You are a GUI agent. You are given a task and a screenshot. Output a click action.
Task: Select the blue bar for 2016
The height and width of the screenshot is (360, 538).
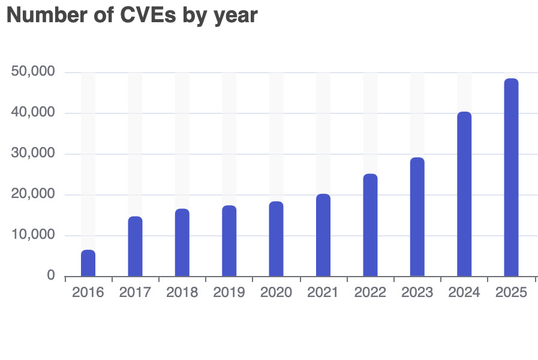88,263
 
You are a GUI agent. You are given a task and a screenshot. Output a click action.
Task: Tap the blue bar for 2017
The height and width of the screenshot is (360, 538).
135,247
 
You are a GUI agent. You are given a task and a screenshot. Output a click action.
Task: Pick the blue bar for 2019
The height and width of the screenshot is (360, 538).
229,241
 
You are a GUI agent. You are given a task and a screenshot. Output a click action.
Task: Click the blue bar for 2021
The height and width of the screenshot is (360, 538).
323,235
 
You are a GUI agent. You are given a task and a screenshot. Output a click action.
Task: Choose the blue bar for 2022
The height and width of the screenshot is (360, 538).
370,225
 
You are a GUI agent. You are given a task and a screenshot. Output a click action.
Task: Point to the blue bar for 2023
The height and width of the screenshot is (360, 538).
417,217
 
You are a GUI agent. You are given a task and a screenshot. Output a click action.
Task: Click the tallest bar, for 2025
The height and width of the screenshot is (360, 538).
511,177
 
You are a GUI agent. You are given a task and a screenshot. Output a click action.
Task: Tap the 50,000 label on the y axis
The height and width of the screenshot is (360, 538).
34,72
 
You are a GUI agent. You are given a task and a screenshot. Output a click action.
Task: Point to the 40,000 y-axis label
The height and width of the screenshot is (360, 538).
34,113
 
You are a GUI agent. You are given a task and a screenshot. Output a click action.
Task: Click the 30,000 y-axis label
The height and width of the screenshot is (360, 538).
34,154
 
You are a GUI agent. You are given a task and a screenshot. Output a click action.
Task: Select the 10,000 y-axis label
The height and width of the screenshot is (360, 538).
34,235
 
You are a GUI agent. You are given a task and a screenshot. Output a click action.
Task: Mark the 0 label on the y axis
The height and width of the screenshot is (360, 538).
51,276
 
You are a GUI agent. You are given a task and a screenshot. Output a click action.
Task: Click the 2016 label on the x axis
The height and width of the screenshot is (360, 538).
88,293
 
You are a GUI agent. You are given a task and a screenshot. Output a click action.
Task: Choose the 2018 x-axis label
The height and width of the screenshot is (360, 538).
182,293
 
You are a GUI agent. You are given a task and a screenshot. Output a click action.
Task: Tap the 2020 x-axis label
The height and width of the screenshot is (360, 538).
276,293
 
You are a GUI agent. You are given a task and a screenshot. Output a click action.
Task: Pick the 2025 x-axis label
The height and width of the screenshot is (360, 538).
511,293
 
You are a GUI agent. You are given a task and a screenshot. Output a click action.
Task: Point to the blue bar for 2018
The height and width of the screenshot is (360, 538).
182,242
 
